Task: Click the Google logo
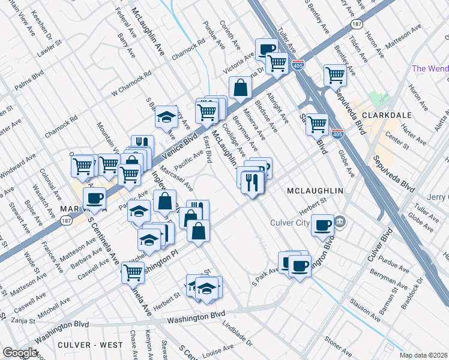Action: coord(20,352)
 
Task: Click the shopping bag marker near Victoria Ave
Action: coord(240,88)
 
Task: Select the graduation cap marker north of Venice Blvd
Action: coord(166,118)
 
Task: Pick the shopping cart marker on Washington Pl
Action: coord(133,272)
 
